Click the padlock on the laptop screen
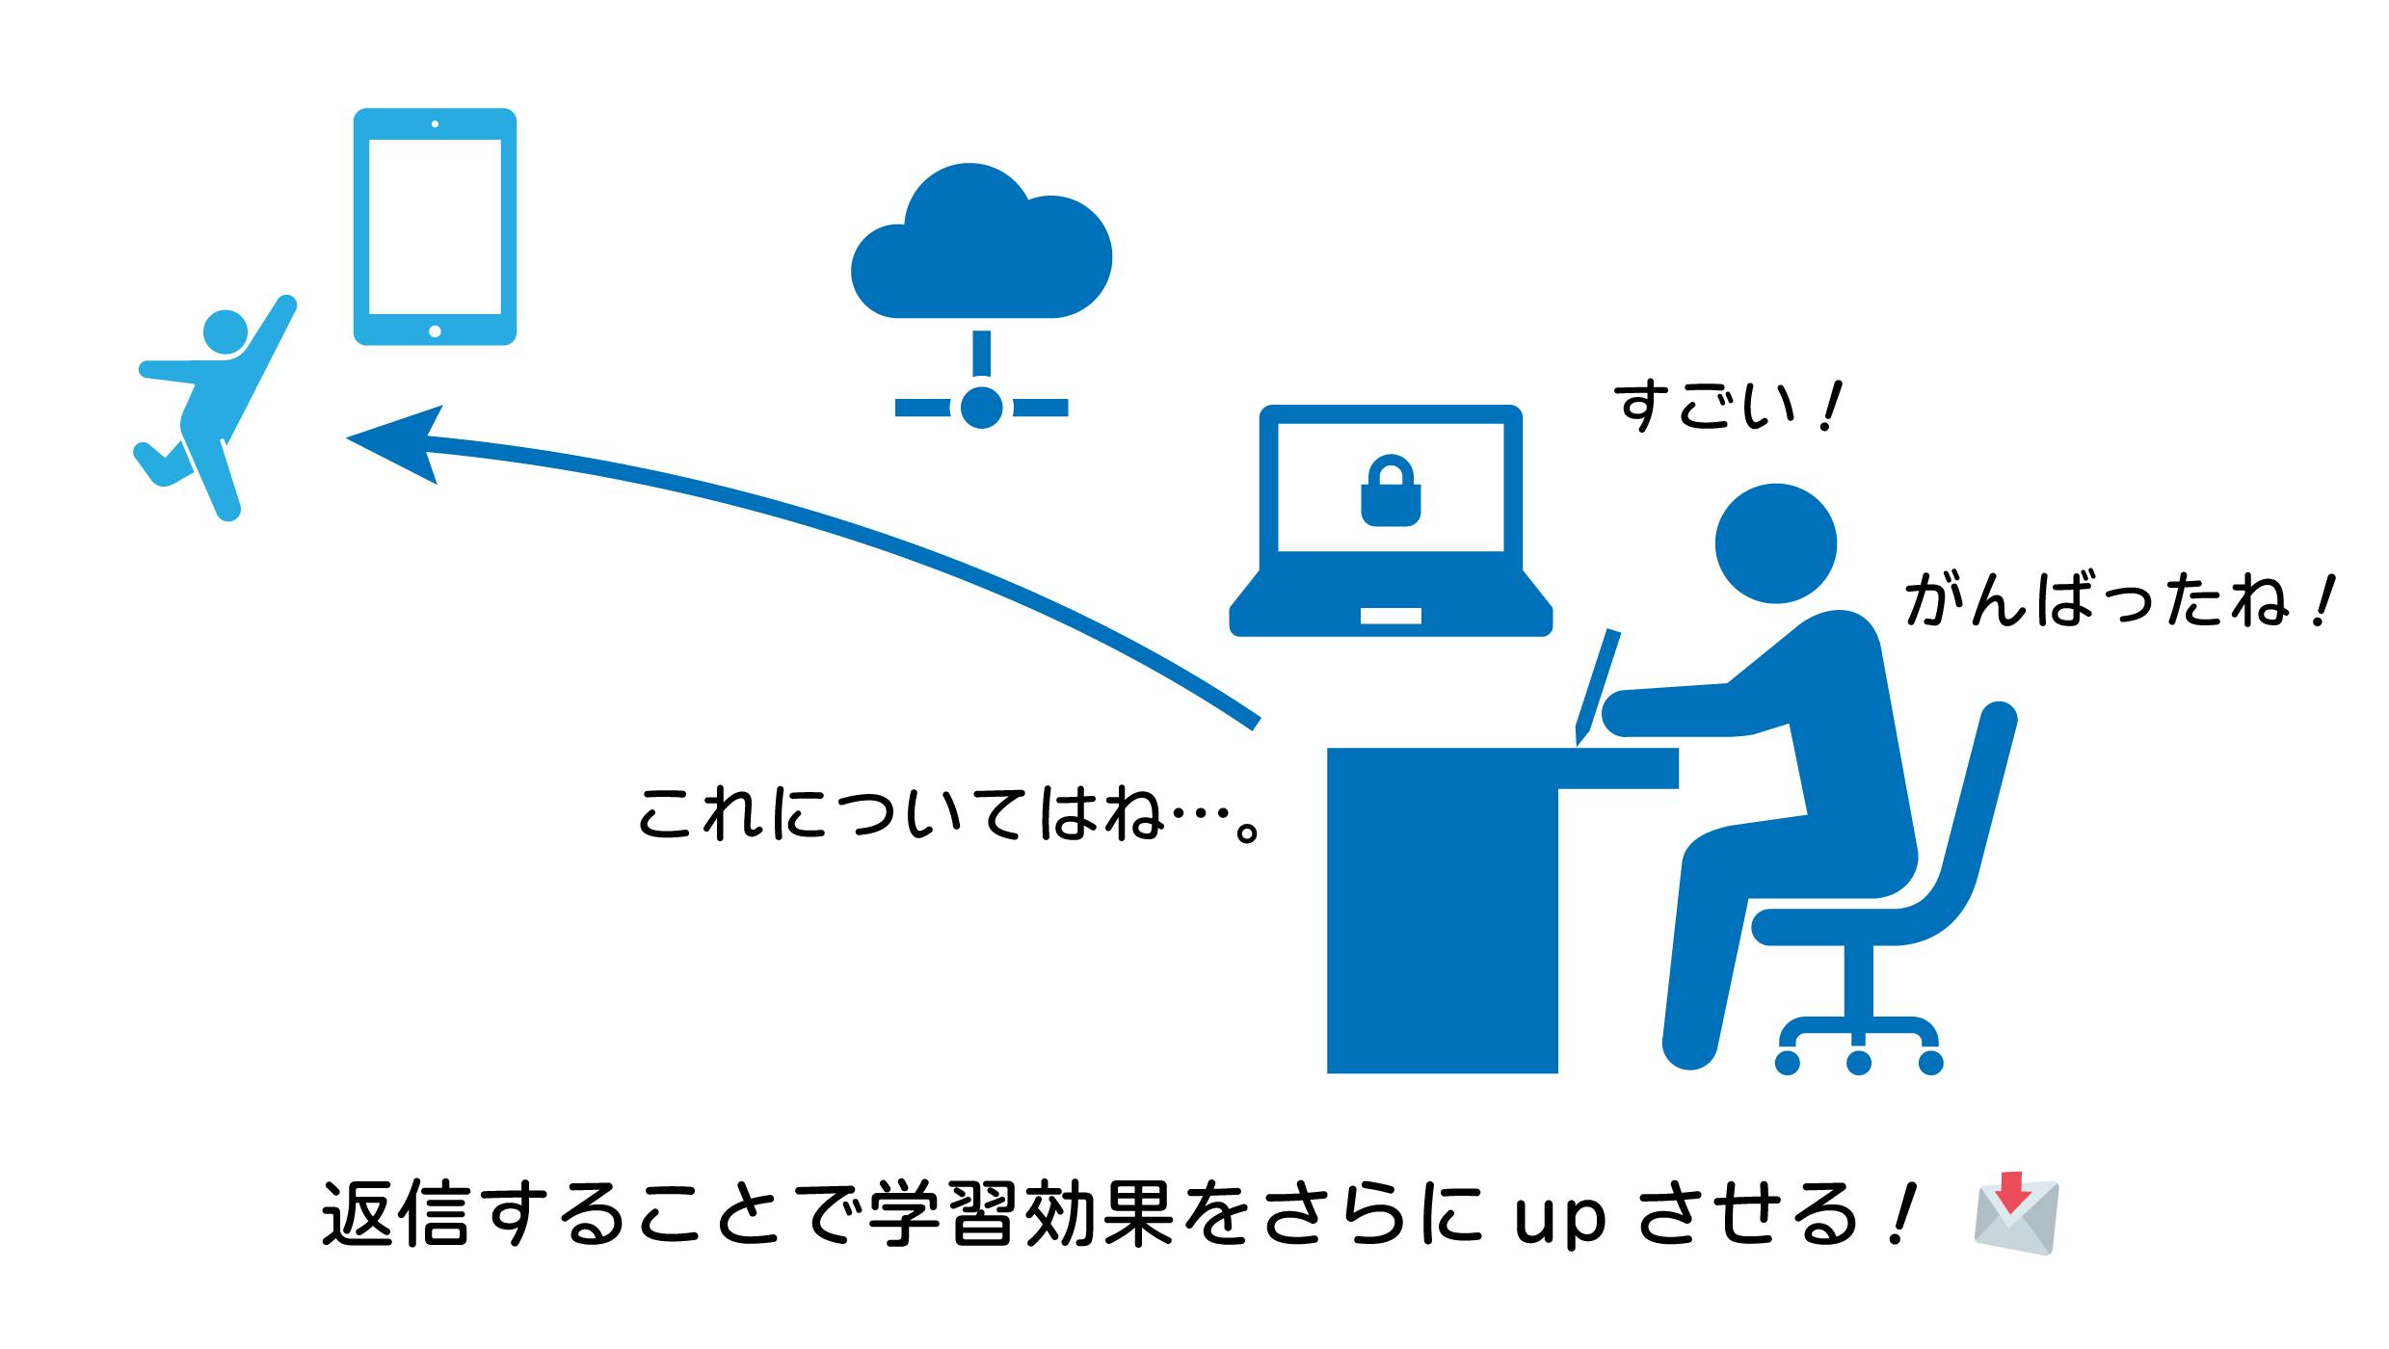[x=1391, y=492]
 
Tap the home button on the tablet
[x=435, y=331]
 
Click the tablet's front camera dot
[x=435, y=124]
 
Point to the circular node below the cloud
[x=981, y=408]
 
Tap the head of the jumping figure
[x=226, y=333]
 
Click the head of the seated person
[x=1775, y=543]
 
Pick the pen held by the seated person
[x=1598, y=685]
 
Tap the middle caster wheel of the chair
[x=1858, y=1062]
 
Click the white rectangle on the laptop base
[x=1390, y=616]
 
